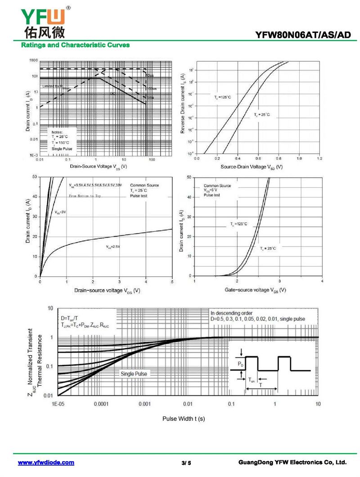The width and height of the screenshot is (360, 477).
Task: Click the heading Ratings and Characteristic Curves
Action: tap(75, 45)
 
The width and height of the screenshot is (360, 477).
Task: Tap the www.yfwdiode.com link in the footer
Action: tap(46, 463)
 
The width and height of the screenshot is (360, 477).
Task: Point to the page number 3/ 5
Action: tap(186, 463)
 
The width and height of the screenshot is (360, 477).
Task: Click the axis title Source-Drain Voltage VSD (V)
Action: tap(252, 167)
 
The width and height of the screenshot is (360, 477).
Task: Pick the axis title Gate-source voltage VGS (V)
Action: tap(255, 290)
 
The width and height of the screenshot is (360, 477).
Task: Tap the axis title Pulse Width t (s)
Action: tap(184, 418)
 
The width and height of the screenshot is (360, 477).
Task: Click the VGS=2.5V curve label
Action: tap(113, 247)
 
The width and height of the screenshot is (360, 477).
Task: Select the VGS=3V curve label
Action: tap(60, 212)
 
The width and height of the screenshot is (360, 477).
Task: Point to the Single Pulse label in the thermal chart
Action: tap(134, 373)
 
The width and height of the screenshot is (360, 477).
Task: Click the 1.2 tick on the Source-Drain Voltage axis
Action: tap(319, 159)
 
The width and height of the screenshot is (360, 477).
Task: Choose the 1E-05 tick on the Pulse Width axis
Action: tap(58, 404)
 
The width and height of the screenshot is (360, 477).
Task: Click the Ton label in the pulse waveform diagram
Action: tap(252, 380)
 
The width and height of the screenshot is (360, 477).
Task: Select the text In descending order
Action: tap(231, 313)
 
